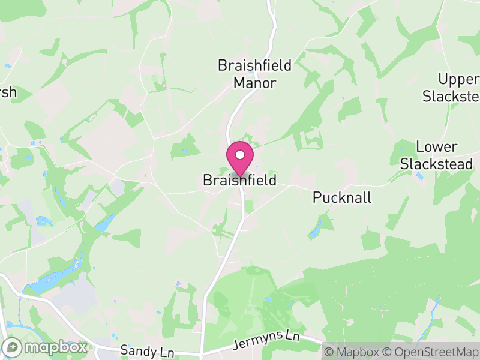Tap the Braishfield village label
tap(239, 180)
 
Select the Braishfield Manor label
tap(255, 74)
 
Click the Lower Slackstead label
tap(437, 155)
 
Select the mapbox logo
tap(45, 347)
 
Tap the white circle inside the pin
tap(239, 155)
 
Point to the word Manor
tap(255, 83)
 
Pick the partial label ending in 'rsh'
tap(8, 92)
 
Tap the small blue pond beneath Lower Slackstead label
tap(419, 176)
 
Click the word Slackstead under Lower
tap(437, 164)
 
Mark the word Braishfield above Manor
tap(255, 65)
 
